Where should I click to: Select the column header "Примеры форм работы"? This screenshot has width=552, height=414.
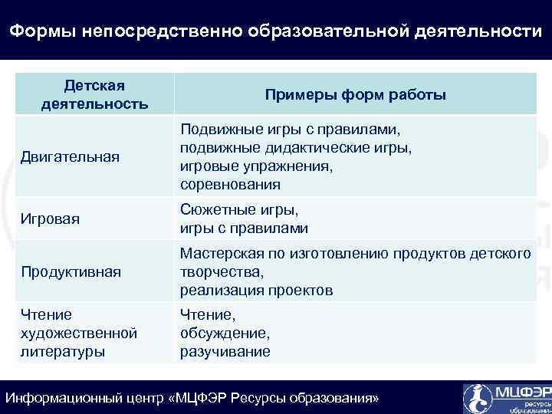coord(355,94)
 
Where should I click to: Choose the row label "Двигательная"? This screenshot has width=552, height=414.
coord(70,157)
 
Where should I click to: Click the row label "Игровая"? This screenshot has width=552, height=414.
coord(51,219)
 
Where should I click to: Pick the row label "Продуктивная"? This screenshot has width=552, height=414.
coord(71,272)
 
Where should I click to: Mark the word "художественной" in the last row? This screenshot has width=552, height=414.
coord(79,333)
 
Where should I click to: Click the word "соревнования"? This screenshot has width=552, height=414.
coord(230,185)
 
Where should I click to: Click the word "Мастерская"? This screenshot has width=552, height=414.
coord(218,254)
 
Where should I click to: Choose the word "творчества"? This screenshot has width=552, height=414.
coord(220,272)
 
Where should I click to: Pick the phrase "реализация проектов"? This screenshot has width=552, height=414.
coord(256,291)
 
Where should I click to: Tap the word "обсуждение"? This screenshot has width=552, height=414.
coord(225,333)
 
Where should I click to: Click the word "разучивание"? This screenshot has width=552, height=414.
coord(225,352)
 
